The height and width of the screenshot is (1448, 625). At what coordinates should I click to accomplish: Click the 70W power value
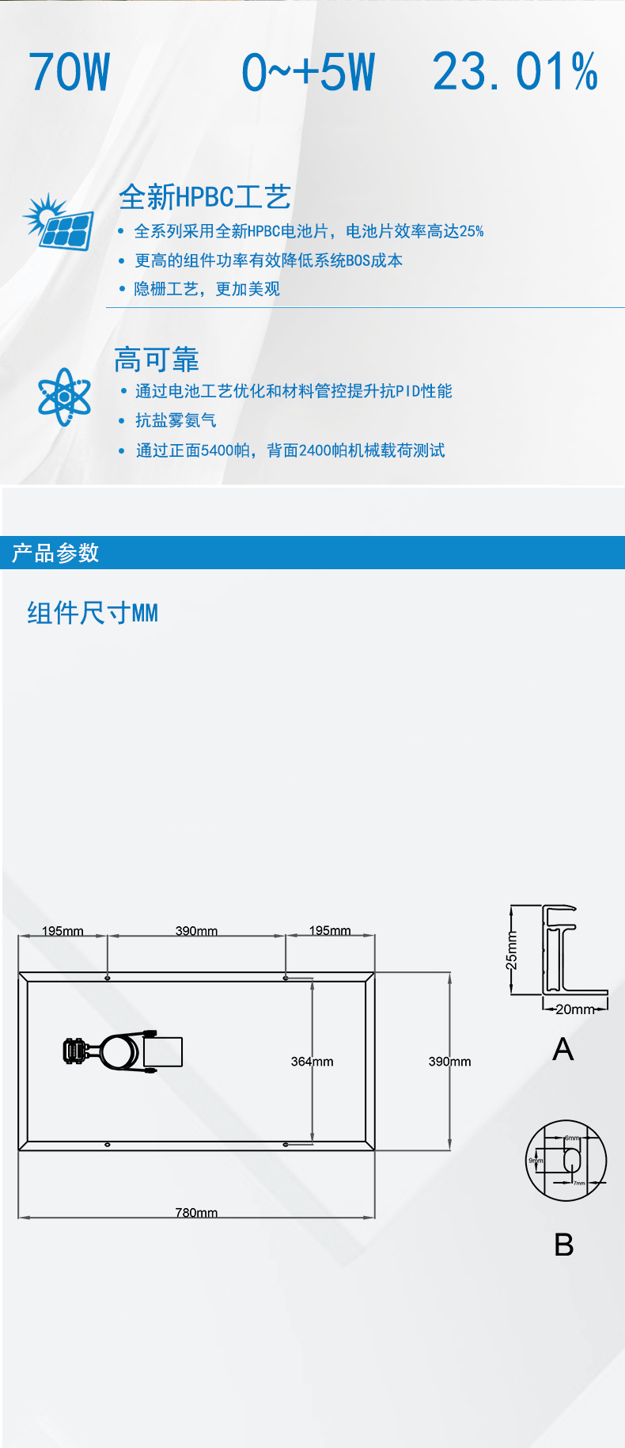[x=70, y=73]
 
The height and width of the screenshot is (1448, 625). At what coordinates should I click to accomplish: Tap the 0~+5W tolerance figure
[x=308, y=73]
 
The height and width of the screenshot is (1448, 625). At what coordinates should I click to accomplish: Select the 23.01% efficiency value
[x=515, y=73]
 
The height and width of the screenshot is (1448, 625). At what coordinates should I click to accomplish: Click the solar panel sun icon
[x=59, y=221]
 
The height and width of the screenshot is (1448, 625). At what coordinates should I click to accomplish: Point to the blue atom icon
[x=64, y=397]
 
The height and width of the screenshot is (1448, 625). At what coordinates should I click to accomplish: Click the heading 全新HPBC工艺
[x=205, y=197]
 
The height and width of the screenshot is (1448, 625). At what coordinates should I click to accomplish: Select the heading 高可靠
[x=156, y=359]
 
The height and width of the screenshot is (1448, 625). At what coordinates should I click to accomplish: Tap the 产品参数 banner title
[x=55, y=553]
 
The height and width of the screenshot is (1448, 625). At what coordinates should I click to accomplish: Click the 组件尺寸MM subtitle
[x=93, y=613]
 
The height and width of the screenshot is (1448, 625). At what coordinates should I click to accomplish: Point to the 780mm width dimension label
[x=196, y=1212]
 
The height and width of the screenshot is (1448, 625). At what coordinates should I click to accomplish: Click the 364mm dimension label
[x=312, y=1061]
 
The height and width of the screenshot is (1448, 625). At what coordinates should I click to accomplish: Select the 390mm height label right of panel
[x=449, y=1061]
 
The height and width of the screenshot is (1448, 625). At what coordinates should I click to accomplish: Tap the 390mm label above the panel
[x=196, y=930]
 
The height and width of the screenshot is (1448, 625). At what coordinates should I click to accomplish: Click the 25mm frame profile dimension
[x=512, y=950]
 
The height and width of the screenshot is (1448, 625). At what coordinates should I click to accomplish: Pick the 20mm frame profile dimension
[x=575, y=1009]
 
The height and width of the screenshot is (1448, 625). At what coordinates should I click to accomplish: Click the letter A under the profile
[x=562, y=1050]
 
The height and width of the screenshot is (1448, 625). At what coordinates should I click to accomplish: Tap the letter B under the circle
[x=563, y=1245]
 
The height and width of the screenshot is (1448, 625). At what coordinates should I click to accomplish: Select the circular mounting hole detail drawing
[x=566, y=1161]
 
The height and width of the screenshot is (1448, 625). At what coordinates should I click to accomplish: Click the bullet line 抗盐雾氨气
[x=176, y=420]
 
